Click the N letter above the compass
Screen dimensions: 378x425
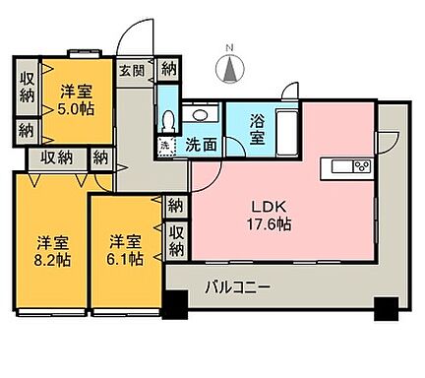(230, 47)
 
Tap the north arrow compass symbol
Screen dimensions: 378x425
(230, 70)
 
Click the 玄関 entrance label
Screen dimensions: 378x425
(133, 69)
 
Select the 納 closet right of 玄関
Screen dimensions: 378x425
(168, 69)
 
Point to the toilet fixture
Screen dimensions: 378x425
(169, 120)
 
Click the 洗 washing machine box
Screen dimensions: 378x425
(164, 145)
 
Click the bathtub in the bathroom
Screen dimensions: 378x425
(285, 130)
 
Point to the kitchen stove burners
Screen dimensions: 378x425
(360, 165)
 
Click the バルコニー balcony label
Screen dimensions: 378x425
(238, 286)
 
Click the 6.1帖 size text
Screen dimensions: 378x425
(124, 260)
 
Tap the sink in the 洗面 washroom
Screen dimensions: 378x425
(200, 114)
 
